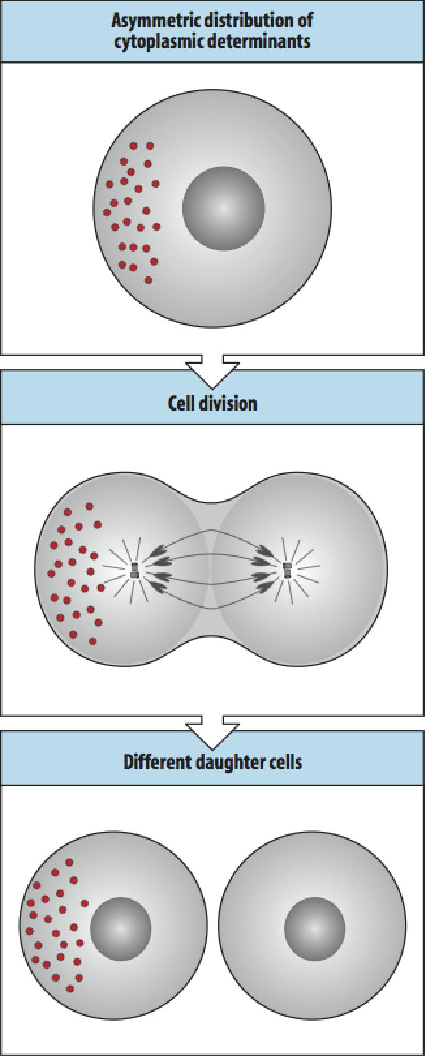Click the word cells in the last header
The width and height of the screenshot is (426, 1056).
(x=285, y=761)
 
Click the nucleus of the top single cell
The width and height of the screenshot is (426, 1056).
(x=223, y=208)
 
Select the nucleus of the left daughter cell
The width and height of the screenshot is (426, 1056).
(x=121, y=928)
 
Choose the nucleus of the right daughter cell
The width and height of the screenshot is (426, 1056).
(x=315, y=928)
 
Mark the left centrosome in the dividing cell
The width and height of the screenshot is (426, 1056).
(x=135, y=571)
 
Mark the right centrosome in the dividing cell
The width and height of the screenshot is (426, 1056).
(x=287, y=571)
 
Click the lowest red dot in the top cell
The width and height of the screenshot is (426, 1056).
(x=149, y=280)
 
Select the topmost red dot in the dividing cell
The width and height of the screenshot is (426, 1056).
(x=89, y=506)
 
